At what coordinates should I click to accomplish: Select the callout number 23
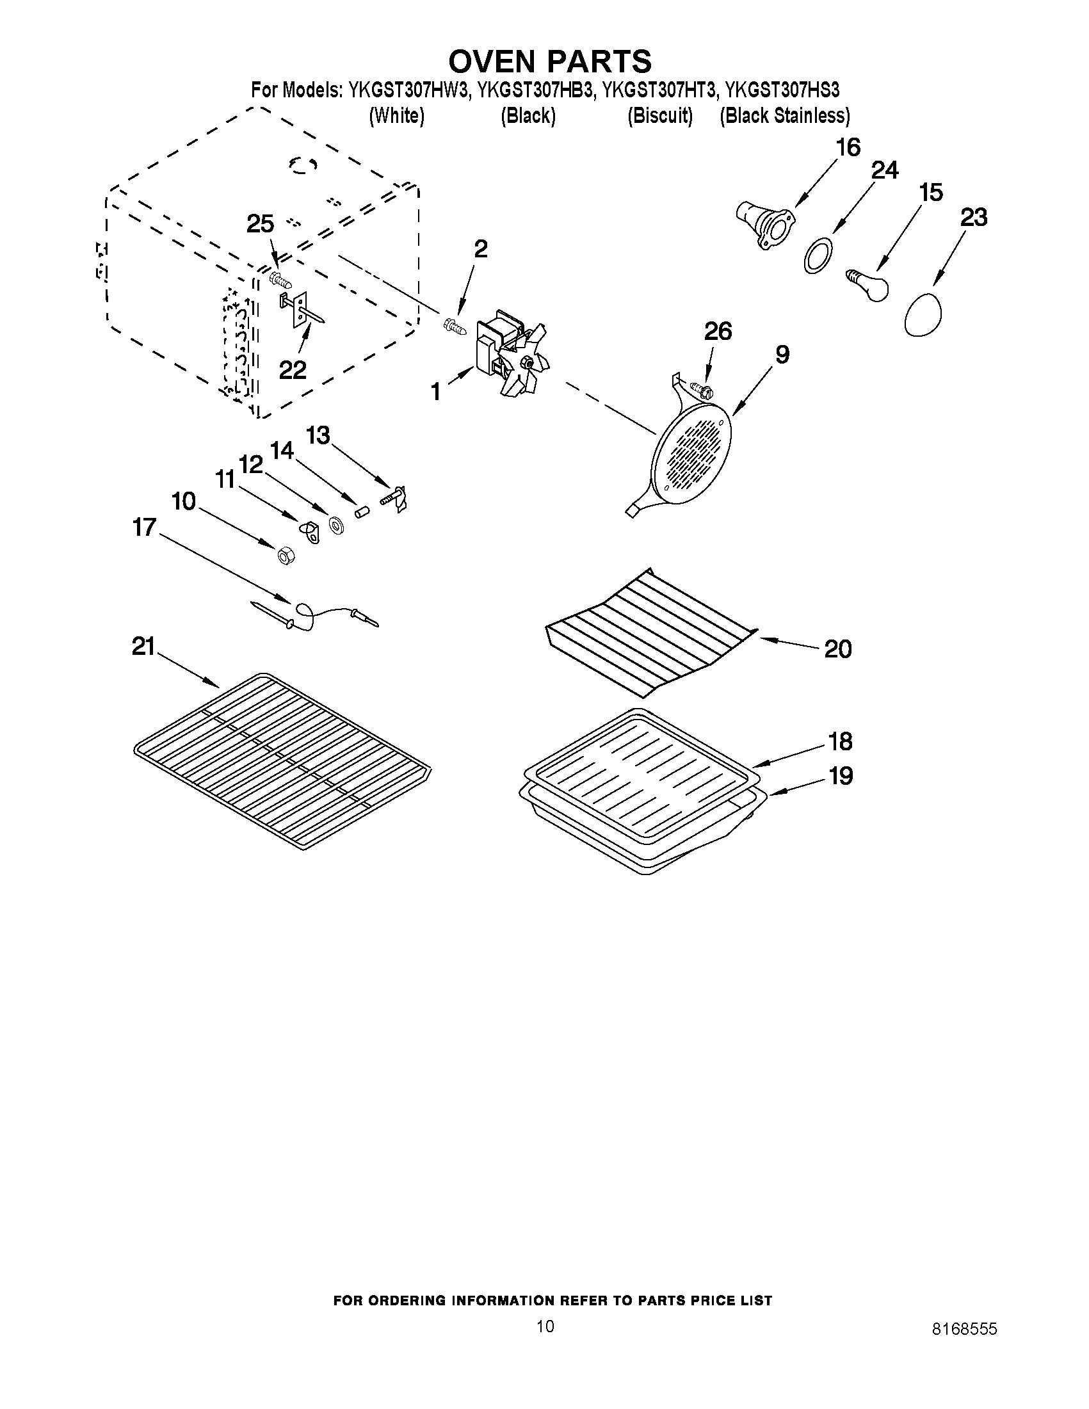(974, 218)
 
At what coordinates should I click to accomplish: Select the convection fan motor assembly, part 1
(510, 351)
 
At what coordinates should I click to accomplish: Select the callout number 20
(837, 649)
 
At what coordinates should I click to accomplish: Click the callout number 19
(840, 775)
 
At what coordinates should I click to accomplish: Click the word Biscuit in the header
(660, 115)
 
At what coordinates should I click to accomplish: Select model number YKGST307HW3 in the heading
(408, 90)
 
